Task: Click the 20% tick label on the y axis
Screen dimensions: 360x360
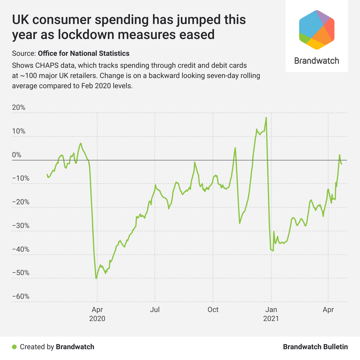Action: point(19,107)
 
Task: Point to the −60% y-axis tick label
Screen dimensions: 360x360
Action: point(21,296)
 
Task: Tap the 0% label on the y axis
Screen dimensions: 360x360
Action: point(17,155)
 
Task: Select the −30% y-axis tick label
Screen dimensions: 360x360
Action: point(21,226)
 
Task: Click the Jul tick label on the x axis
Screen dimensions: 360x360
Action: point(155,310)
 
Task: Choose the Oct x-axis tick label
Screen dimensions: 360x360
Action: point(213,310)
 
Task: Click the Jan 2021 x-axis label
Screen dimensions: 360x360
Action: point(271,314)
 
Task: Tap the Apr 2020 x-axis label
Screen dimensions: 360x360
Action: point(97,314)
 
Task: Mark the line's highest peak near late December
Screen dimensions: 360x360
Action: point(266,118)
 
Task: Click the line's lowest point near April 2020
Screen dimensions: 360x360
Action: point(96,278)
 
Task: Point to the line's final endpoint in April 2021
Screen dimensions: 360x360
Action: point(341,163)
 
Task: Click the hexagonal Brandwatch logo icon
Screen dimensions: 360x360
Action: point(317,30)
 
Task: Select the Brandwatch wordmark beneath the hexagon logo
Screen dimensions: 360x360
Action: point(317,61)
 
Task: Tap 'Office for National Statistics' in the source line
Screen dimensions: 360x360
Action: point(84,53)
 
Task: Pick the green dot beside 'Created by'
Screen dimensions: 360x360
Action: point(14,347)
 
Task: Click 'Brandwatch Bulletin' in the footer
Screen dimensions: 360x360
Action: point(315,347)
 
